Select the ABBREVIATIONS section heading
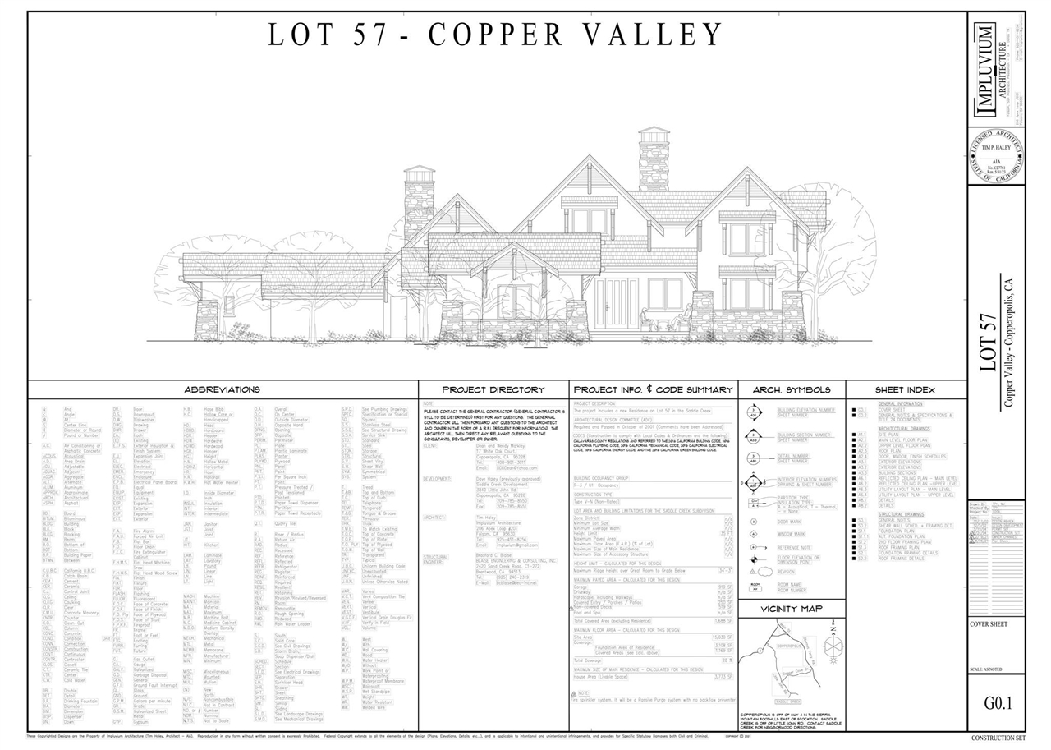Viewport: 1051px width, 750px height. click(x=222, y=389)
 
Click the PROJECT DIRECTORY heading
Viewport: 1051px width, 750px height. click(x=493, y=389)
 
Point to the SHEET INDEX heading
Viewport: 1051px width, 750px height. click(x=906, y=389)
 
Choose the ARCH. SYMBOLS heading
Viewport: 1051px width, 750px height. click(x=792, y=389)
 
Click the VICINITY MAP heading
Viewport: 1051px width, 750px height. click(x=791, y=609)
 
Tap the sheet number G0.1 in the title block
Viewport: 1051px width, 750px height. click(x=998, y=704)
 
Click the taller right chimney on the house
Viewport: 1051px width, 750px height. click(x=654, y=159)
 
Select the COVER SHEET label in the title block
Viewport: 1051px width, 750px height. click(x=989, y=624)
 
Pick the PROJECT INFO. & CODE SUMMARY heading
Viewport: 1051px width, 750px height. click(x=653, y=389)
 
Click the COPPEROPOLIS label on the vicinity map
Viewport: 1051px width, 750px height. click(x=789, y=646)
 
